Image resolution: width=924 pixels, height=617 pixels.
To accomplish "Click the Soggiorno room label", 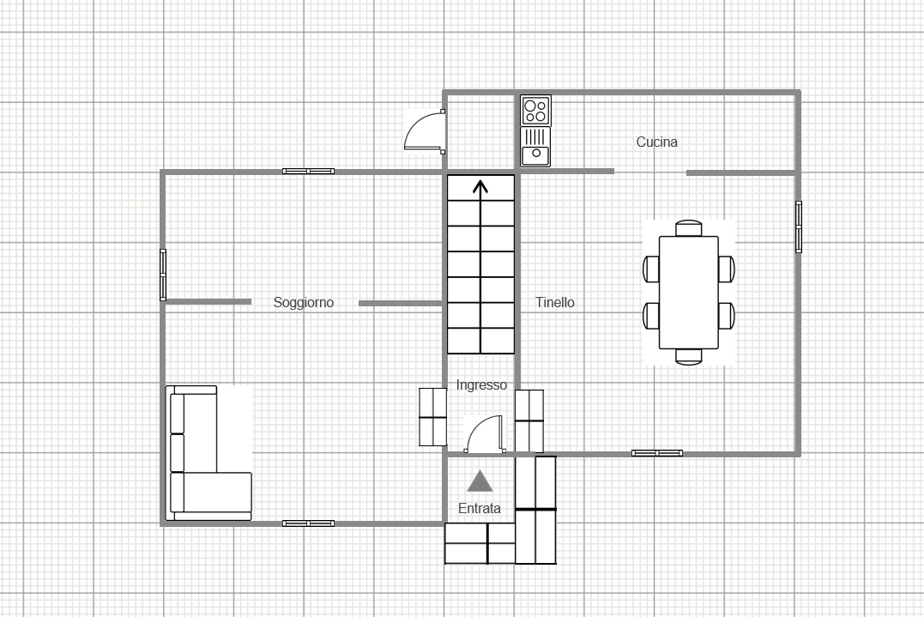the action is point(304,302).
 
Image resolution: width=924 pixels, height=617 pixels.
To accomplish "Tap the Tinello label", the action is point(554,302).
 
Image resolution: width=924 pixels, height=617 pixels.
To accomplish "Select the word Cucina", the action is point(657,142).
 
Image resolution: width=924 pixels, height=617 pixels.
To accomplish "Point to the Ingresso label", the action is point(481,384).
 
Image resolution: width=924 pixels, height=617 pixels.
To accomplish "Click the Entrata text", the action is point(479,508).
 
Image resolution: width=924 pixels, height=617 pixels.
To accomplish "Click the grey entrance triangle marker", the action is point(480,481).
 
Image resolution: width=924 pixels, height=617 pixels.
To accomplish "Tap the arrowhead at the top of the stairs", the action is point(480,186).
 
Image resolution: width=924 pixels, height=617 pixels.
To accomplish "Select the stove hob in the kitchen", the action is point(535,110).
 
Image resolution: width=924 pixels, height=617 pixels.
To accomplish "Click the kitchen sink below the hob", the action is point(535,147).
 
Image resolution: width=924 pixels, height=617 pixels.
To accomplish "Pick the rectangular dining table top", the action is point(688,293).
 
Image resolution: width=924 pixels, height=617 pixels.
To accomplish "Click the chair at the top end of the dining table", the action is point(688,228).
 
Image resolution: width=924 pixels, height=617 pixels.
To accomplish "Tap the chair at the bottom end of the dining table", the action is point(688,356).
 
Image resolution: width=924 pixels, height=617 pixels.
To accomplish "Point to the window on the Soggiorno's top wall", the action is point(308,172).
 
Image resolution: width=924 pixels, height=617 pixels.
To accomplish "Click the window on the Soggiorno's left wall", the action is point(163,275).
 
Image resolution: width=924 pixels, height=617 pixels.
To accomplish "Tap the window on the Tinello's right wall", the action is point(799,227).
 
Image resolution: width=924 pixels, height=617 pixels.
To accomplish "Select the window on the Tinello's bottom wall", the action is point(657,453).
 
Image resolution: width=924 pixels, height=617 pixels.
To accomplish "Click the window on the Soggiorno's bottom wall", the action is point(308,523).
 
